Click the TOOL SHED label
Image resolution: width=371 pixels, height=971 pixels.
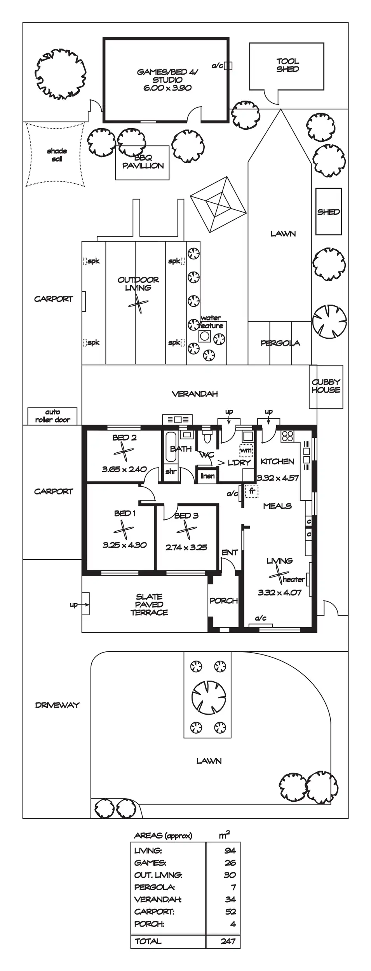[287, 65]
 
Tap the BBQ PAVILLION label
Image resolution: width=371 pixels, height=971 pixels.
[143, 162]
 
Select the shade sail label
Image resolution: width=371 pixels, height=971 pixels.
[57, 155]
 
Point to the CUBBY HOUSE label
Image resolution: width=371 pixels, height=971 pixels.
[326, 386]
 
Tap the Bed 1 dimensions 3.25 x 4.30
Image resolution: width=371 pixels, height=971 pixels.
[124, 545]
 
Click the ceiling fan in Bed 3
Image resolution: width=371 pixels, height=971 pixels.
[186, 529]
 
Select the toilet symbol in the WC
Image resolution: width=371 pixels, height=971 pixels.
[207, 437]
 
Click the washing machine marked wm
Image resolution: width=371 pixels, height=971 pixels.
[246, 450]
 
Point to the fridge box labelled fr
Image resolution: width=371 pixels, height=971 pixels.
[252, 491]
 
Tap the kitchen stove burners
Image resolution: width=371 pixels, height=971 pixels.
[287, 436]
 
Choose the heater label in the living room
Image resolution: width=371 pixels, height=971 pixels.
[294, 579]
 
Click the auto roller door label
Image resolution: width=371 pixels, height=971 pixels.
[52, 416]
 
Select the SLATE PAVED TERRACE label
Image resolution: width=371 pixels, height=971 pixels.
[149, 604]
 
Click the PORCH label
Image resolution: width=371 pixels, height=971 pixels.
[223, 600]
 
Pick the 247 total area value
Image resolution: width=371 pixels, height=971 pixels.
[228, 941]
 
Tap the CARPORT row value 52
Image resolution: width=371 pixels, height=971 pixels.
[230, 911]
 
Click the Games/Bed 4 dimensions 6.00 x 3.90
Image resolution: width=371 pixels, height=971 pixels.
[167, 88]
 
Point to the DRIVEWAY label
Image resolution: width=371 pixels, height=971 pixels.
[57, 705]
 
